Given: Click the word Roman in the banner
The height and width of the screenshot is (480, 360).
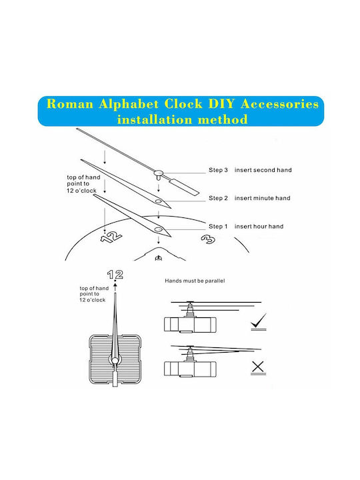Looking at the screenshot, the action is pos(70,104).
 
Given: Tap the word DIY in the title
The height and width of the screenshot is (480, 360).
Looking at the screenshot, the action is pos(222,104).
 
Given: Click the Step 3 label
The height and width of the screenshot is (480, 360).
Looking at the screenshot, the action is pos(218,170).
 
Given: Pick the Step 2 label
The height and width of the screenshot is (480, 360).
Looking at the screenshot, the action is pos(218,198).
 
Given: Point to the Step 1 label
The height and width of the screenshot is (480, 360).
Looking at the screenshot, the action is pos(218,226).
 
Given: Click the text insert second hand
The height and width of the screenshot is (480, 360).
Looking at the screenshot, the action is pos(263,170).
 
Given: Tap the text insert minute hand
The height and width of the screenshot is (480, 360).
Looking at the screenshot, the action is pos(263,198).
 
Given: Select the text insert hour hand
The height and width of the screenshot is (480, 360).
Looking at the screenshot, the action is pos(259,226).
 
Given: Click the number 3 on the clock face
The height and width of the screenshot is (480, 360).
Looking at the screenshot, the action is pos(208,239).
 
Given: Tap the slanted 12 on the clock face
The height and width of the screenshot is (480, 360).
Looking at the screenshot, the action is pos(111,237).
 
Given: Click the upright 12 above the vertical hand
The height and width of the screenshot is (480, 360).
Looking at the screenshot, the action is pos(115,274).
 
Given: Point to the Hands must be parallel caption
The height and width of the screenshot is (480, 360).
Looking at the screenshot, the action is pos(195,281).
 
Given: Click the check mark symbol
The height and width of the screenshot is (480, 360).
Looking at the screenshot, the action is pos(259,321).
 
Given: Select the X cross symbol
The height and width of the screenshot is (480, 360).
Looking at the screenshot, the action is pos(258,367).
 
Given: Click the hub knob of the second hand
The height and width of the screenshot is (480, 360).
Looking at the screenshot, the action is pos(159,174).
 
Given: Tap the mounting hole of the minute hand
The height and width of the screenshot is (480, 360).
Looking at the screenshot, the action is pos(158,201).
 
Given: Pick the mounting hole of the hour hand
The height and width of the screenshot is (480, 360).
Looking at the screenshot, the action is pos(158,229).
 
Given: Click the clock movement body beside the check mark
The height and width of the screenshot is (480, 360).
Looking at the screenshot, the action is pos(190,325).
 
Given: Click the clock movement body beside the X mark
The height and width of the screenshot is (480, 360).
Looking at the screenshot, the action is pos(190,369).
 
